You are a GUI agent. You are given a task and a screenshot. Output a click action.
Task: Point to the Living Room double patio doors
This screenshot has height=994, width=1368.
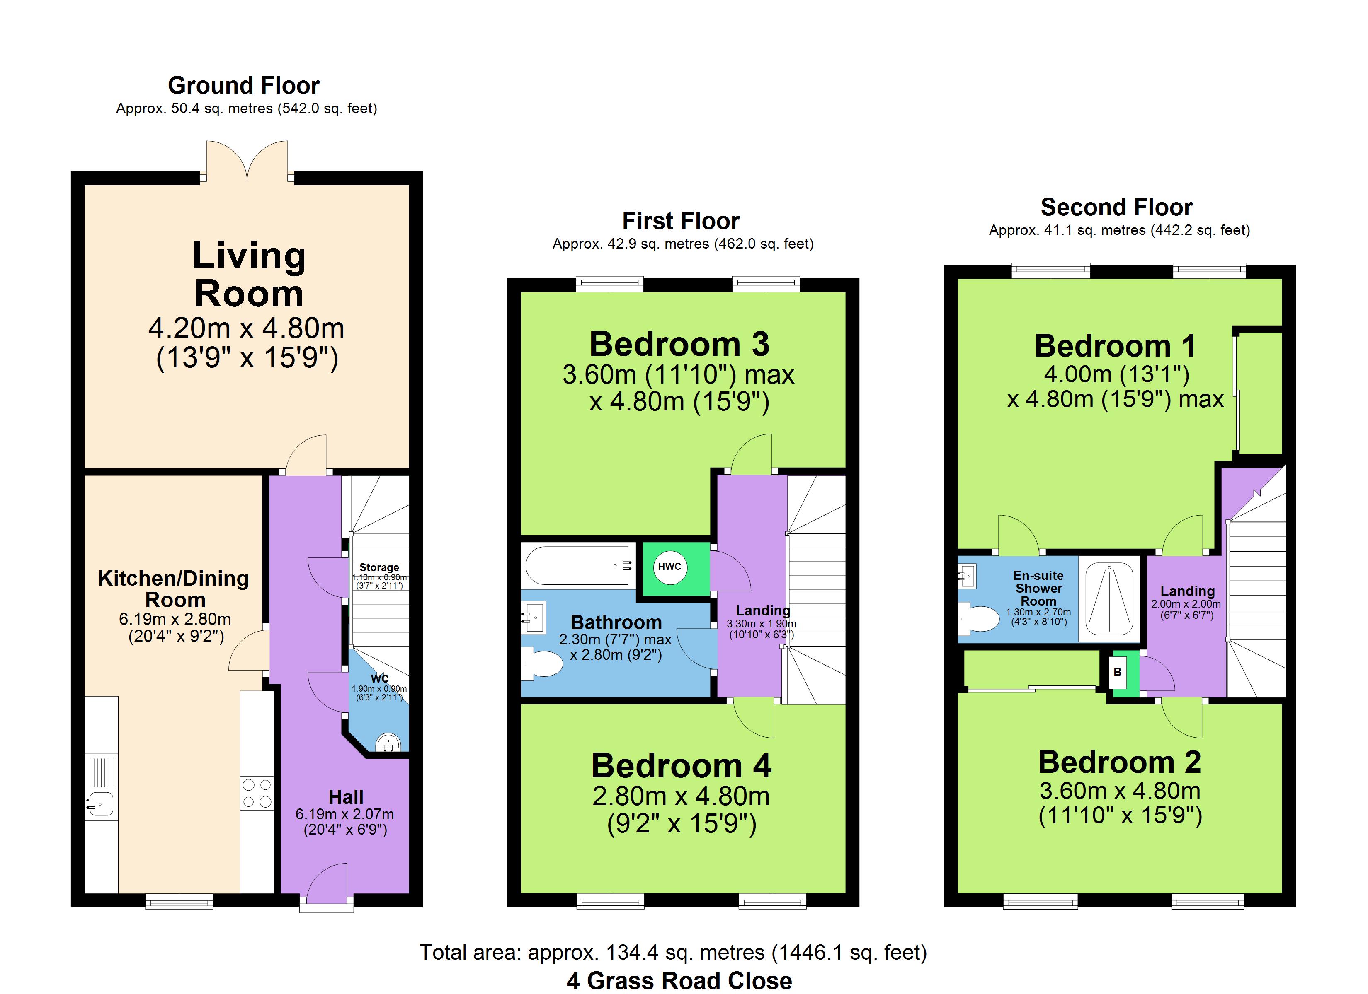click(x=247, y=161)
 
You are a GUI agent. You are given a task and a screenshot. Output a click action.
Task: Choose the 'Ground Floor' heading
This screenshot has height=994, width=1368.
click(x=244, y=86)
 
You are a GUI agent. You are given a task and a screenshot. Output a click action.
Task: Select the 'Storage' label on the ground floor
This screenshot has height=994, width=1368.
click(x=379, y=567)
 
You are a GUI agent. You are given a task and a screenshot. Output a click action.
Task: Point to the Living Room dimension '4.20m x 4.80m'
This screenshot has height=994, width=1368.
click(x=247, y=328)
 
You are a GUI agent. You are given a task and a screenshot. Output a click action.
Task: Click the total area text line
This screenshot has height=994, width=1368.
click(x=673, y=953)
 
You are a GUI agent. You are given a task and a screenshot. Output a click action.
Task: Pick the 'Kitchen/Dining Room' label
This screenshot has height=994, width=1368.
click(x=174, y=589)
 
